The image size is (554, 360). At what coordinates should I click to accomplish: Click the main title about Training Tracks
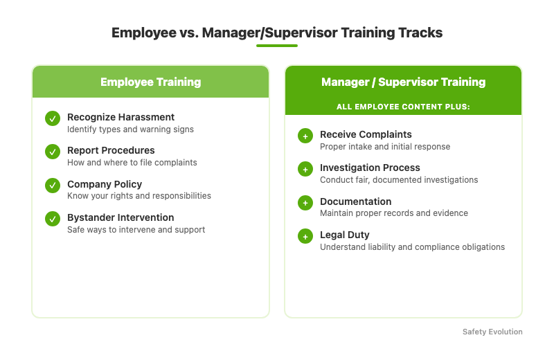(x=277, y=33)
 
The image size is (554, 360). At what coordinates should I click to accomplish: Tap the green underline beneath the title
(x=277, y=46)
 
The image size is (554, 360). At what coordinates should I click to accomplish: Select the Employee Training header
(x=150, y=82)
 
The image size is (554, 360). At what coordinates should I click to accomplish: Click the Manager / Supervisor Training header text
(x=403, y=82)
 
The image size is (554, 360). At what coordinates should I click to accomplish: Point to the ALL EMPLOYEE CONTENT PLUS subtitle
(x=403, y=107)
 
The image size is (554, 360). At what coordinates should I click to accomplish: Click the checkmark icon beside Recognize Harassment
(x=53, y=118)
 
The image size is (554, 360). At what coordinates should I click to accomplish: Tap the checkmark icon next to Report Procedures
(x=53, y=152)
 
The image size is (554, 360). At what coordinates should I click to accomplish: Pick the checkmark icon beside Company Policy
(x=53, y=186)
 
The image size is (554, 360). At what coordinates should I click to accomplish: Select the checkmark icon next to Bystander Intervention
(x=53, y=219)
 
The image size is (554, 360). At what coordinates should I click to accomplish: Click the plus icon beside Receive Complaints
(x=305, y=136)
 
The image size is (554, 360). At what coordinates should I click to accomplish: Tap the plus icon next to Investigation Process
(x=305, y=169)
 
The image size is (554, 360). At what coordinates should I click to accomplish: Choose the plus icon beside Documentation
(x=305, y=203)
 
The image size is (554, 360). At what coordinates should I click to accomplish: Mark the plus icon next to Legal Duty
(x=305, y=236)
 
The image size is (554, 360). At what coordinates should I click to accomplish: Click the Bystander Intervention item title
(x=120, y=217)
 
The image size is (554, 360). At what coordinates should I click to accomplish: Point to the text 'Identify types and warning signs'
(x=130, y=129)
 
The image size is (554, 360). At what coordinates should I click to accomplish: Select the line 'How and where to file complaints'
(x=132, y=163)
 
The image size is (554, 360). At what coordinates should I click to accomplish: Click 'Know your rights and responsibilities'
(x=138, y=196)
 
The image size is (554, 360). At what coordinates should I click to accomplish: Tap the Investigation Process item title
(x=370, y=168)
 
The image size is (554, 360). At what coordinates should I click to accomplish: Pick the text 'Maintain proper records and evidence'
(x=393, y=213)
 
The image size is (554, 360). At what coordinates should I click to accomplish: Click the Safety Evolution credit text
(x=492, y=332)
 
